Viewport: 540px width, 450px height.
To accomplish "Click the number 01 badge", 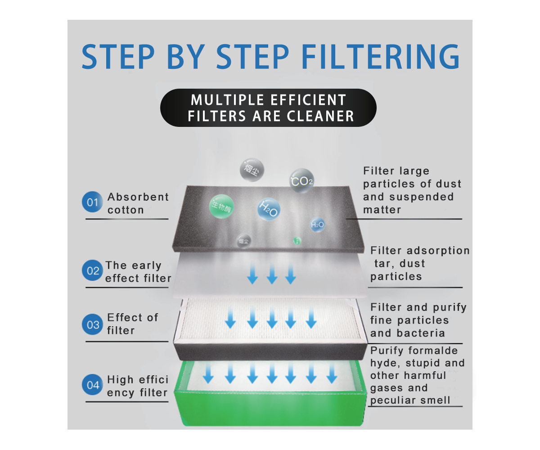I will [x=92, y=203].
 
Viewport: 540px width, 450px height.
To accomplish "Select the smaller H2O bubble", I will [x=317, y=225].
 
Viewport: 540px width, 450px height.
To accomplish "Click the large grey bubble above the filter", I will [x=252, y=170].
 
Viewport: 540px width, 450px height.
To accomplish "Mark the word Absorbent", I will [x=138, y=197].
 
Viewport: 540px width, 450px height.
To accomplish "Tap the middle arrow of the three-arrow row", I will [x=271, y=275].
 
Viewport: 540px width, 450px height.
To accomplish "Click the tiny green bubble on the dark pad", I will [x=297, y=240].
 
